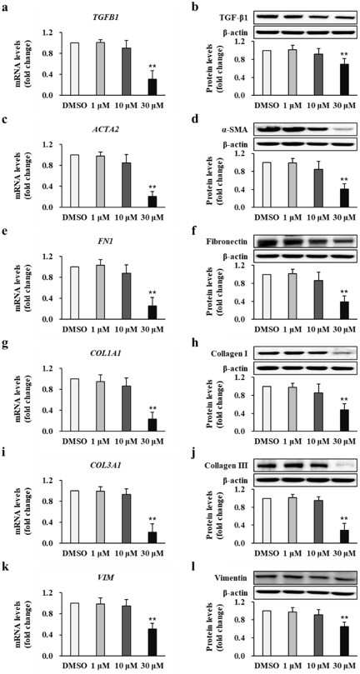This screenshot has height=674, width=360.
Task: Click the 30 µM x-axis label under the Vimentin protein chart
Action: click(x=343, y=664)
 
